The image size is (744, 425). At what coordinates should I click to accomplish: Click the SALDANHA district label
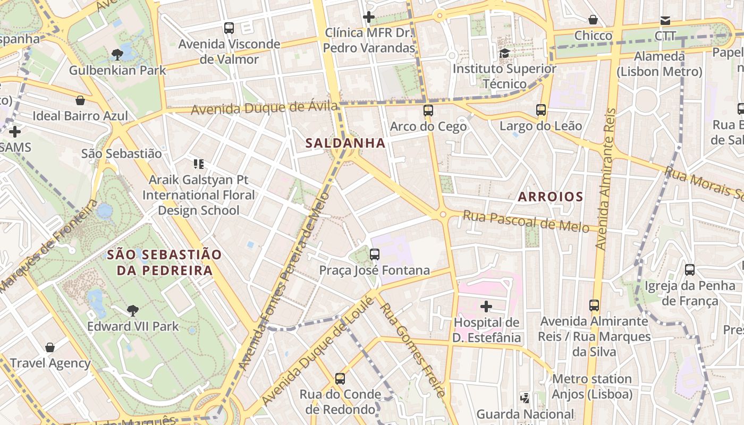coord(345,143)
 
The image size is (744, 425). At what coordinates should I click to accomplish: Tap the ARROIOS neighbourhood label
coord(551,197)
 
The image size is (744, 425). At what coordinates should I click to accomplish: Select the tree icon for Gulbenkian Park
coord(117,54)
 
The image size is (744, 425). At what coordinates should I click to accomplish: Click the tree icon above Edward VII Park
coord(133,310)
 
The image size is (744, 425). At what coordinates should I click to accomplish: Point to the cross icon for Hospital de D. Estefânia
coord(486,307)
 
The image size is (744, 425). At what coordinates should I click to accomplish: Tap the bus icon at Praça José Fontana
coord(375,254)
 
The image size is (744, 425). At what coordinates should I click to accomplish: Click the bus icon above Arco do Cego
coord(428,110)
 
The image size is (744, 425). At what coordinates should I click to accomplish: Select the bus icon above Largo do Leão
coord(541,110)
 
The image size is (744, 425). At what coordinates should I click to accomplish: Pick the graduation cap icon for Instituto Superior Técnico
coord(504,53)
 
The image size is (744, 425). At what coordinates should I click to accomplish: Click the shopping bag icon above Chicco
coord(593,20)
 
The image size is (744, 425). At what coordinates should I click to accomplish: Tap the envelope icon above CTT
coord(665,21)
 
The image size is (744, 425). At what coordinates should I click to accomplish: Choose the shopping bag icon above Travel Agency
coord(50,347)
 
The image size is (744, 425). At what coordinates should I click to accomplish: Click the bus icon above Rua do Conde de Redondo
coord(340,379)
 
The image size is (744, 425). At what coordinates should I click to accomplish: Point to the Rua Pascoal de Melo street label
coord(526,221)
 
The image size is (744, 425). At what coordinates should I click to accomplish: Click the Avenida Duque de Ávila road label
coord(264,108)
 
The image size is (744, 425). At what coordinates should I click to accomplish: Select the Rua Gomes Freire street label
coord(412,351)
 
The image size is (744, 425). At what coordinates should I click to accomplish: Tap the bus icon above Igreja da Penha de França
coord(690,270)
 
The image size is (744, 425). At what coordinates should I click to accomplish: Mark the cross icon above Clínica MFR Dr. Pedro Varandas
coord(369,17)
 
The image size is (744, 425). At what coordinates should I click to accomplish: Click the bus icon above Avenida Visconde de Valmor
coord(229,28)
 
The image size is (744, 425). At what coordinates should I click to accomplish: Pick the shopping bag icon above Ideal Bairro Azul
coord(80,100)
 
